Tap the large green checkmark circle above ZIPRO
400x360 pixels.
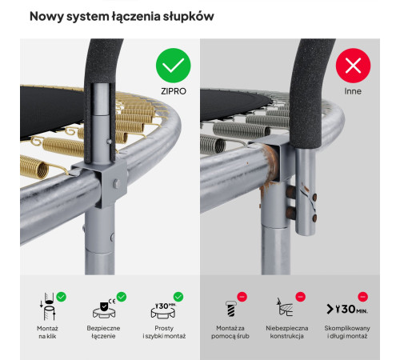(x=174, y=66)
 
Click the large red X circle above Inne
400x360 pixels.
(x=353, y=66)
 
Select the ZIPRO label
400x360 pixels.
(x=174, y=91)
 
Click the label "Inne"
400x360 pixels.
(x=353, y=91)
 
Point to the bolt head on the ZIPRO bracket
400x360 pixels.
(x=117, y=183)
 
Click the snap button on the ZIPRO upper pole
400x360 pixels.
(x=109, y=142)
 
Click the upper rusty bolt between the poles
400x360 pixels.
(x=290, y=191)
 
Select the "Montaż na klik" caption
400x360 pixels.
(x=47, y=332)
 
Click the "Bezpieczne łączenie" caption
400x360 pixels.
(x=103, y=332)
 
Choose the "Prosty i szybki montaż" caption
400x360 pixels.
(x=164, y=332)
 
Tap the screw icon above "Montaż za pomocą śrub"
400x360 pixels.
(x=230, y=309)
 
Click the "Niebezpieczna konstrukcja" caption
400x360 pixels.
(x=287, y=332)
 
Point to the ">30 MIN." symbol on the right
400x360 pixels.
(x=347, y=309)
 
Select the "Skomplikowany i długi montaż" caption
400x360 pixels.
(x=347, y=332)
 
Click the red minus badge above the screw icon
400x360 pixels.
(x=242, y=297)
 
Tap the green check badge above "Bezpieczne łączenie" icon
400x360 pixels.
(x=122, y=297)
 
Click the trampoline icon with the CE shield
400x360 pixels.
(x=104, y=310)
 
